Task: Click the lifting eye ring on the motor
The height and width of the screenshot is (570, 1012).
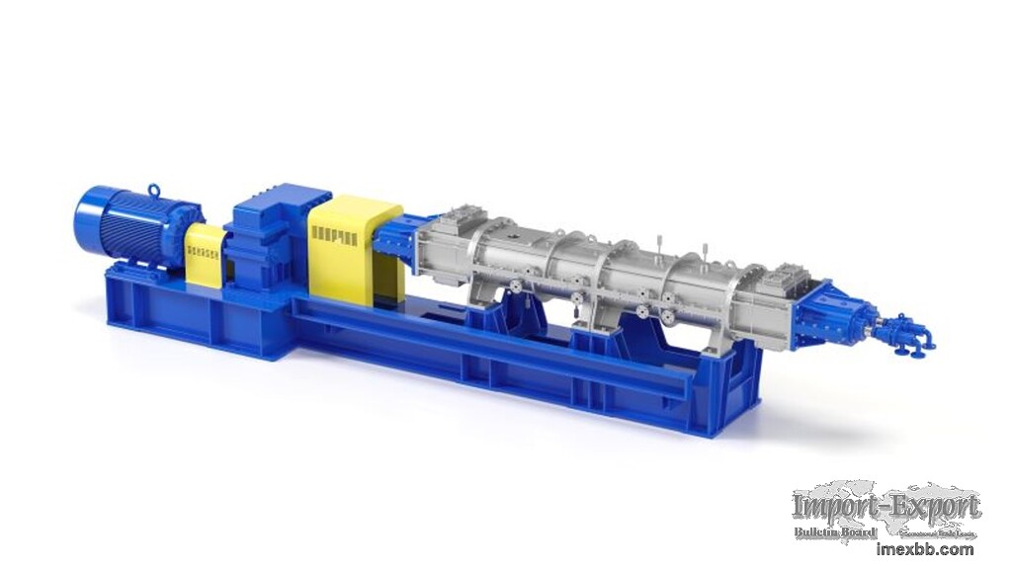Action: coord(153,190)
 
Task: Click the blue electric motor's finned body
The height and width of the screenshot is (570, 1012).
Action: coord(138,222)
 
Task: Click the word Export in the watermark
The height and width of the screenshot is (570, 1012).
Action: coord(934,508)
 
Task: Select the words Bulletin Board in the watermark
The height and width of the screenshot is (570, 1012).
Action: coord(835,532)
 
